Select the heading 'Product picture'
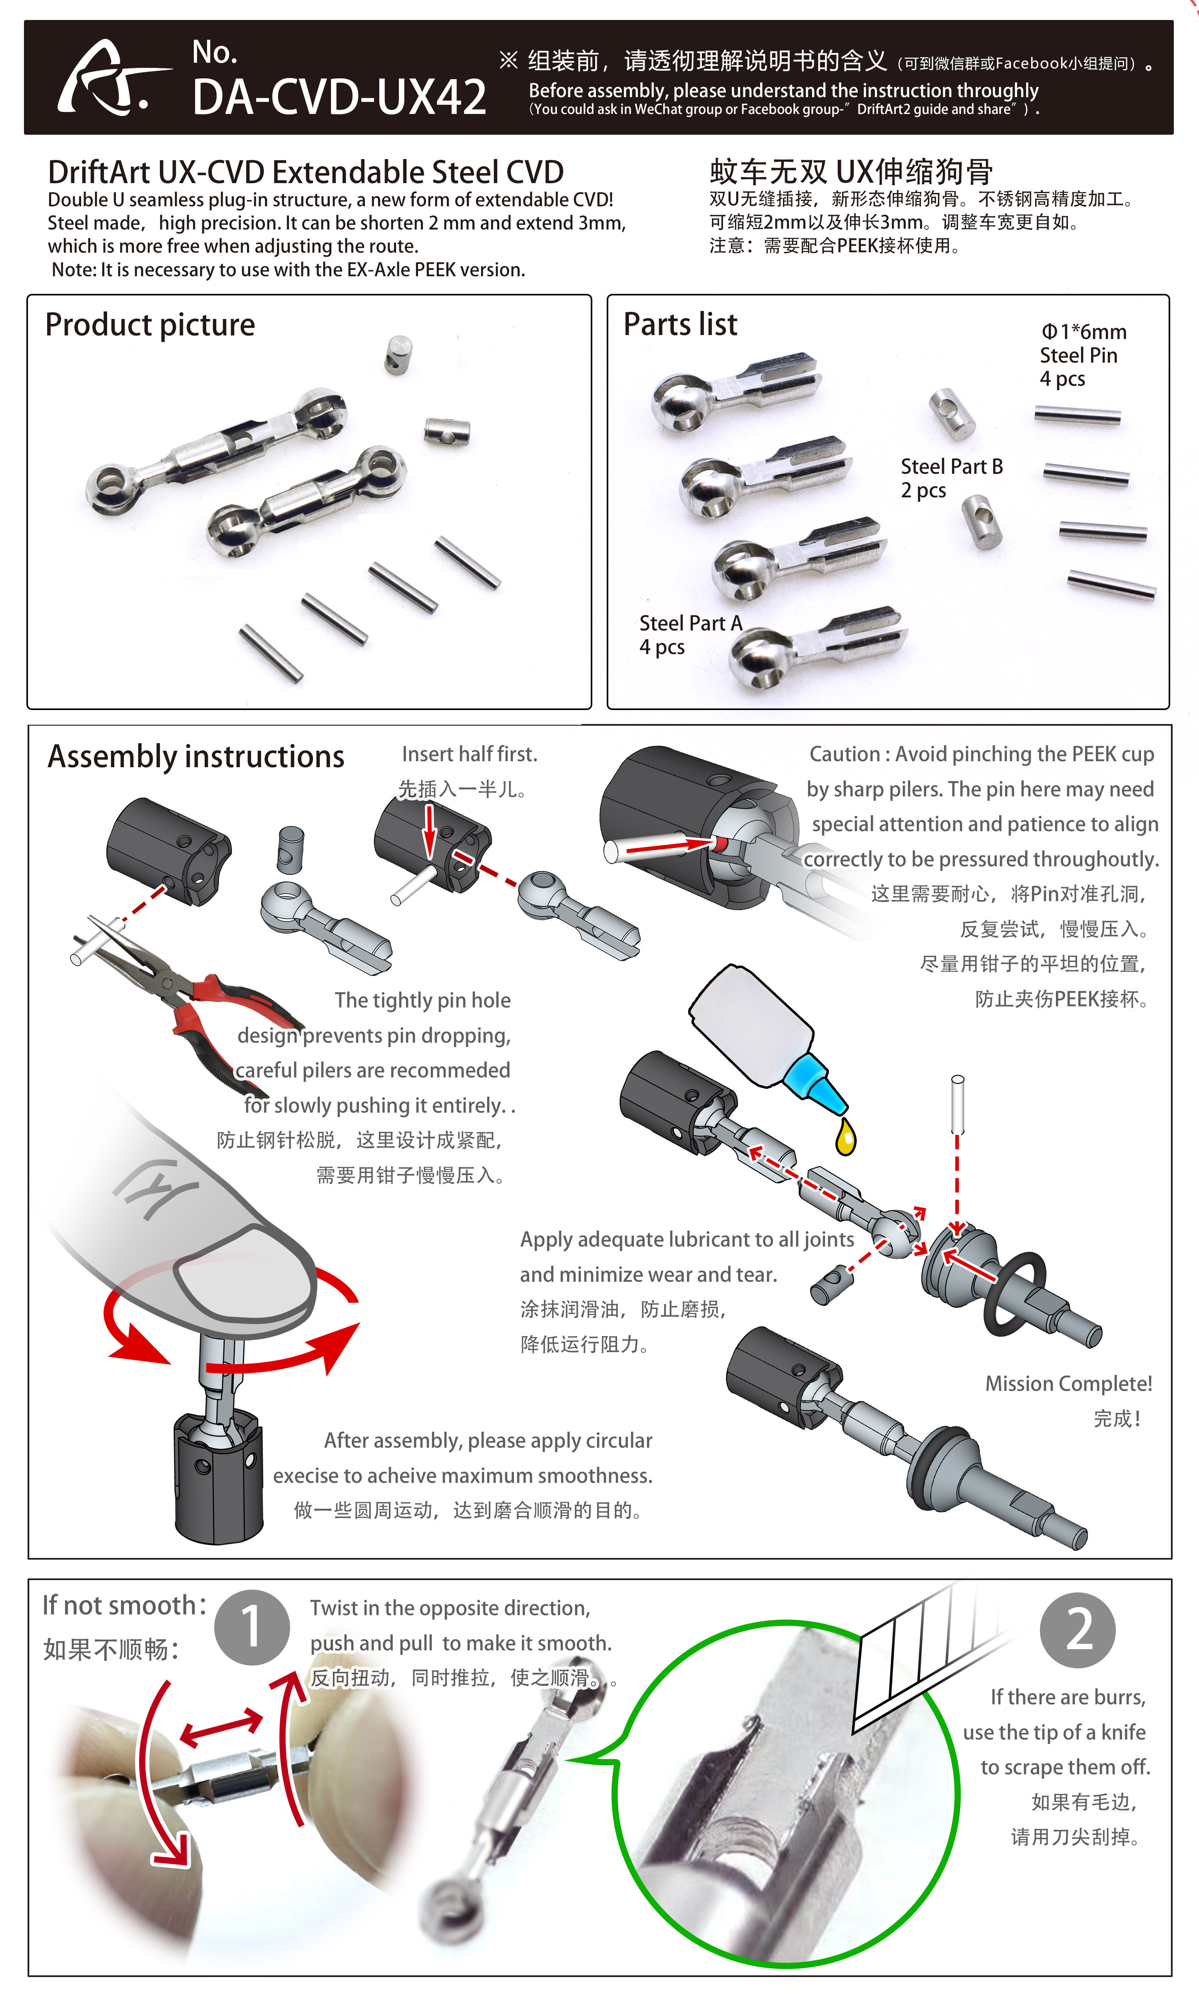[150, 325]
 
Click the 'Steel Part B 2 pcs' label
[952, 478]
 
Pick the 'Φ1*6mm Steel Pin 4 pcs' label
[1083, 355]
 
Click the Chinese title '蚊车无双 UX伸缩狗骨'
[851, 172]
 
